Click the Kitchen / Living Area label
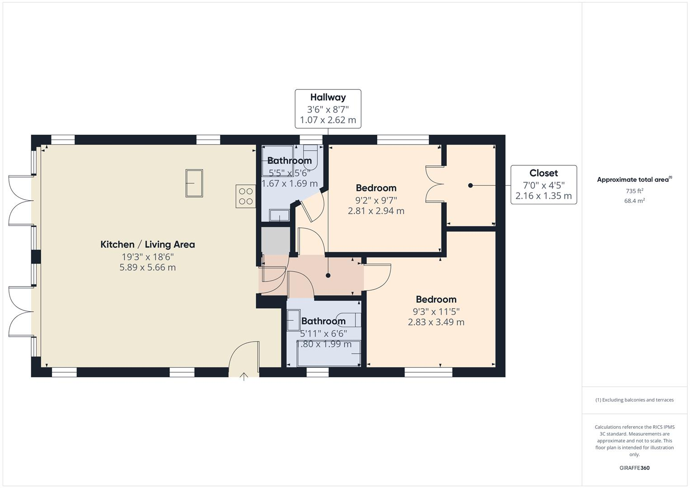147,244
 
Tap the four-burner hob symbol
246,196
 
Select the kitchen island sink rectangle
194,183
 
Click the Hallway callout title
328,97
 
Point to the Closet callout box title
543,173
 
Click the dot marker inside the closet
470,185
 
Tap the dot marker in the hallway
328,275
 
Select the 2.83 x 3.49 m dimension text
436,322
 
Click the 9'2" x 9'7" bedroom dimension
376,200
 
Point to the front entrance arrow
244,376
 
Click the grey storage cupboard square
276,240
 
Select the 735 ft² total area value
634,191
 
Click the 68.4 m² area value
634,201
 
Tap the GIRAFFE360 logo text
634,468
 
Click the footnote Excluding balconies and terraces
634,400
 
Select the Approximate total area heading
634,179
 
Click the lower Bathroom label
323,321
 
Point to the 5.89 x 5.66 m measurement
147,267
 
